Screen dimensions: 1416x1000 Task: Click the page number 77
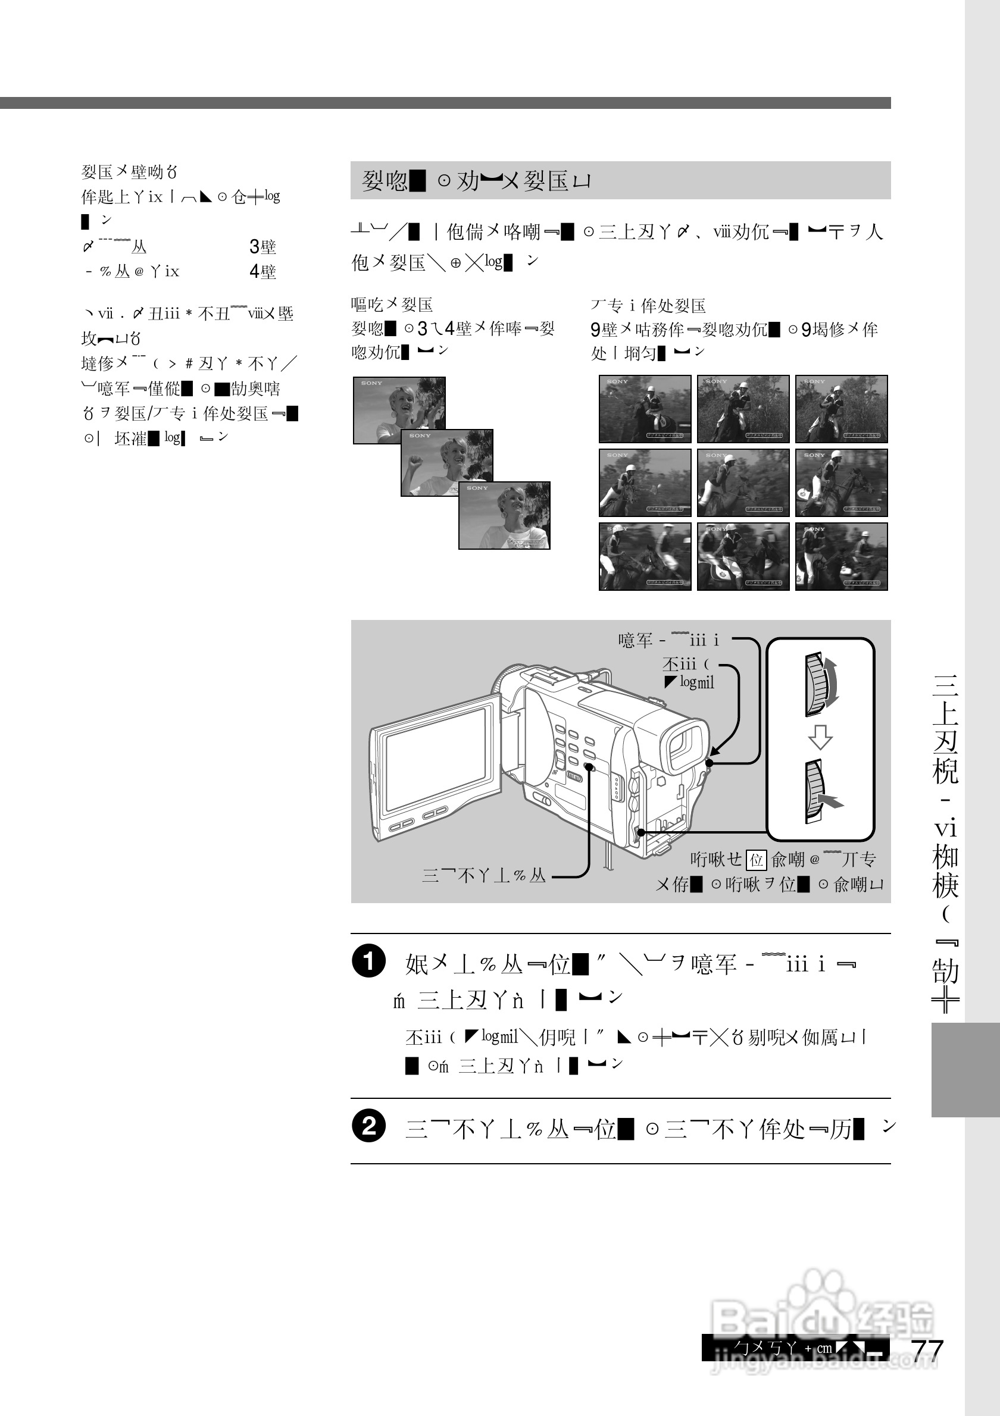[928, 1349]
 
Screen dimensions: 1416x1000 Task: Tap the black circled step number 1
[369, 961]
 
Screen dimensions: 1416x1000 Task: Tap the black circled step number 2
[369, 1126]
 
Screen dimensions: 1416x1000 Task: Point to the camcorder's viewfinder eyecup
[685, 746]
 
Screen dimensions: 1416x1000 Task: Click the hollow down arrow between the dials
[820, 737]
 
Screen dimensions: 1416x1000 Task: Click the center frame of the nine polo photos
[743, 483]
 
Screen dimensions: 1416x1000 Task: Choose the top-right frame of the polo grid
[841, 408]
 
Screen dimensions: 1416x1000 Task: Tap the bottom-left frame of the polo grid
[645, 556]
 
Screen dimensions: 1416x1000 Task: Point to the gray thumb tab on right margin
[964, 1070]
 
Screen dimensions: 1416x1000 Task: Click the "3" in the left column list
[254, 247]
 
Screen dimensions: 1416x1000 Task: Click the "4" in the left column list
[254, 271]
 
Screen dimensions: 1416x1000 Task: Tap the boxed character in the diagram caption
[757, 860]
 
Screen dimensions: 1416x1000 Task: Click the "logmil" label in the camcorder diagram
[696, 682]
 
